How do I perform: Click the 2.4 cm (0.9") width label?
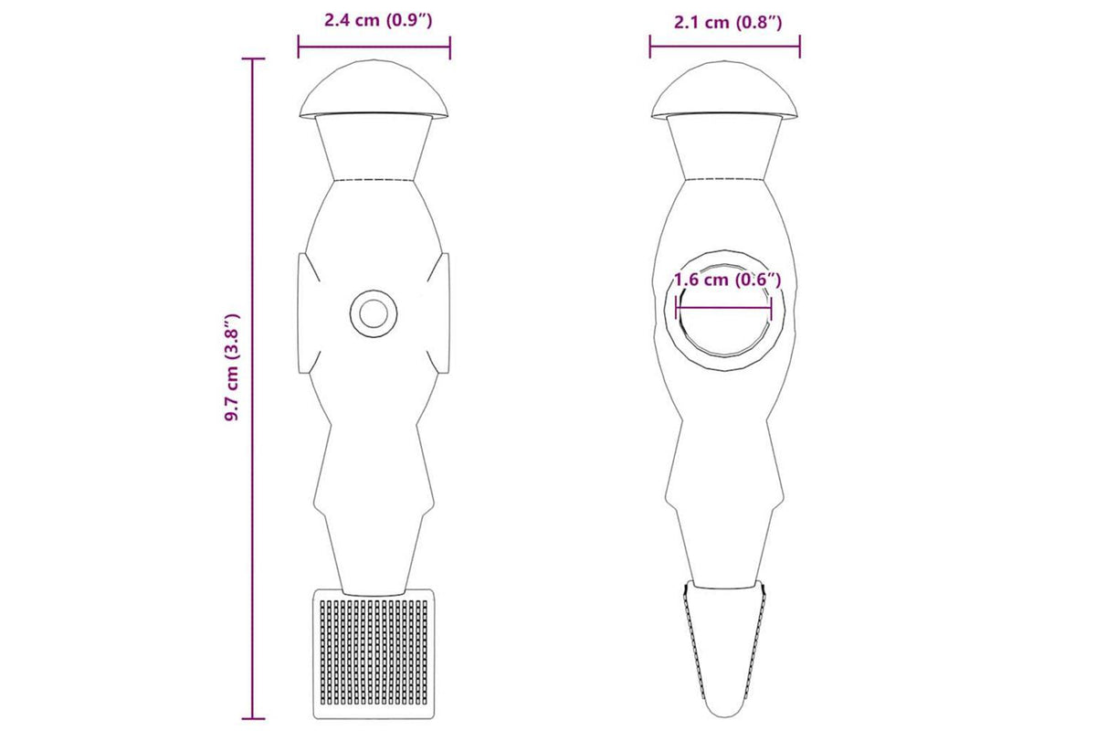(378, 21)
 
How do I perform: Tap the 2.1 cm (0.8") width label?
(728, 22)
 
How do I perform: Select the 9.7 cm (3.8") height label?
(231, 367)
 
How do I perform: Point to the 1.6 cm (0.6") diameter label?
(728, 280)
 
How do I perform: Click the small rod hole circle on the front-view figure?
(374, 313)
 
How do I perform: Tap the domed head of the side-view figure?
(724, 90)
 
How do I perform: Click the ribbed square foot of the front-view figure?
(374, 653)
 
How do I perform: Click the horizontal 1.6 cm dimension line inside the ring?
(723, 308)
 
